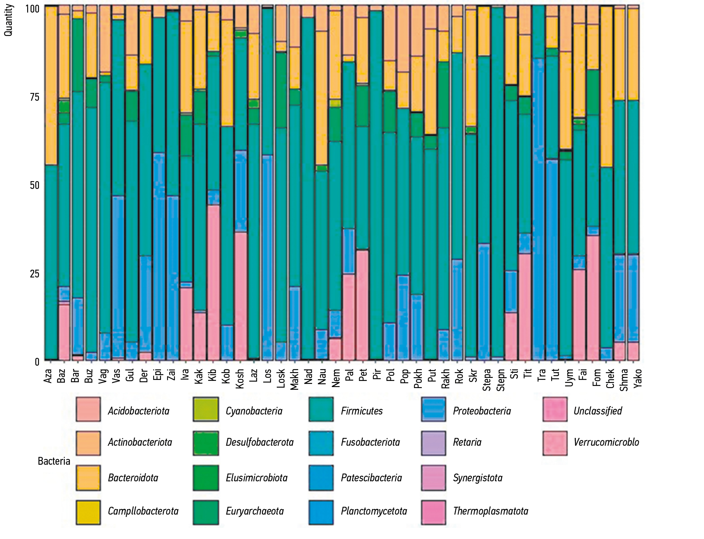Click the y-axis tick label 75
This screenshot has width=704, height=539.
[34, 97]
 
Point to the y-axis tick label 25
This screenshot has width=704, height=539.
[34, 274]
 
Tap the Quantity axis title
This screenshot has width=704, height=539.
[8, 20]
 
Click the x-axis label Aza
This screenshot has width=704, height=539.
[48, 376]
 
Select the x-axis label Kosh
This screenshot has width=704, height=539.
[240, 379]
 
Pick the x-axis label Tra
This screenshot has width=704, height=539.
[541, 375]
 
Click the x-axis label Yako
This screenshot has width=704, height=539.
[637, 378]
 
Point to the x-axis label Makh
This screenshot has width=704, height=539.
[294, 379]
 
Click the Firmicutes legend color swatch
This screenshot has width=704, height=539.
[321, 409]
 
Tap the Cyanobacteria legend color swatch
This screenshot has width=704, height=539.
[205, 409]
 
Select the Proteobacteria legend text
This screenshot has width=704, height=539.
[482, 411]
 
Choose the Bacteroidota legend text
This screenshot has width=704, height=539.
[133, 478]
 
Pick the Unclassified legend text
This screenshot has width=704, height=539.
[598, 411]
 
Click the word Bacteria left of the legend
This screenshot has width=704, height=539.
[54, 461]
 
